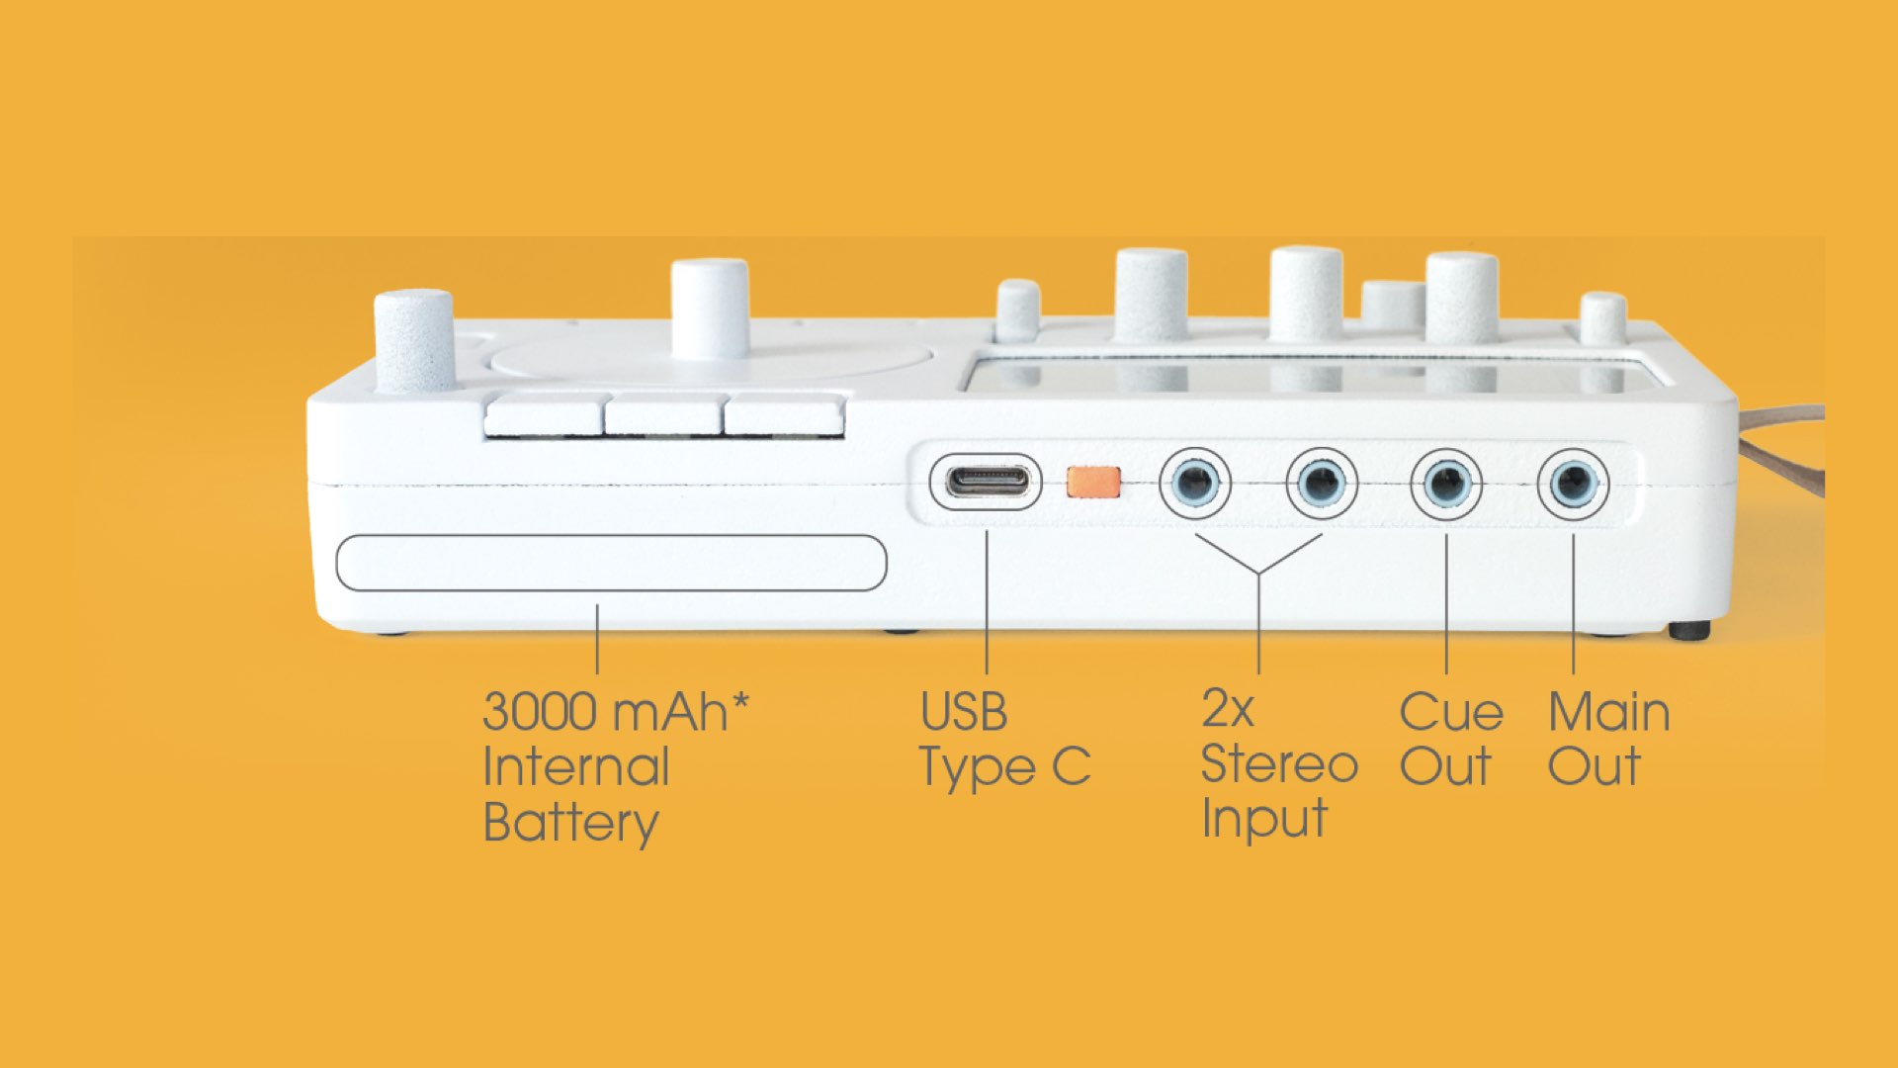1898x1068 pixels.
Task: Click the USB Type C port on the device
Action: (x=986, y=483)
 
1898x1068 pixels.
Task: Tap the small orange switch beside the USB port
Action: (x=1093, y=483)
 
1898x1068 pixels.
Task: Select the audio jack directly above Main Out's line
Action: (x=1573, y=484)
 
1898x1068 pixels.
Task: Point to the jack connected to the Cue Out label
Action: (x=1446, y=484)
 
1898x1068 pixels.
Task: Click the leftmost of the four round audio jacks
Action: (x=1195, y=484)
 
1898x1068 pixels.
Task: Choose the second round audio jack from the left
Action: (x=1322, y=484)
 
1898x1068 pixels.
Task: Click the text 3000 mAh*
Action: (x=616, y=712)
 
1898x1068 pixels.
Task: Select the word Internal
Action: (x=576, y=767)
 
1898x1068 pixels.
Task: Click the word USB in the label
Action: (x=964, y=712)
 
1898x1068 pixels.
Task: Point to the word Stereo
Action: (x=1279, y=764)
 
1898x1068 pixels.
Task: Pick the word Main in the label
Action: (x=1609, y=712)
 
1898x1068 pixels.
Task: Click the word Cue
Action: (x=1451, y=712)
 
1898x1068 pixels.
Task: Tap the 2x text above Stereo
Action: (x=1228, y=709)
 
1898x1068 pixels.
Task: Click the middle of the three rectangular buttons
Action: (x=663, y=415)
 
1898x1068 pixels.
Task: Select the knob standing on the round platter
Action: (x=709, y=309)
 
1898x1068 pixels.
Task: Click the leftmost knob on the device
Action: (x=414, y=340)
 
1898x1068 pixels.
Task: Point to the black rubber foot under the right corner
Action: (x=1689, y=630)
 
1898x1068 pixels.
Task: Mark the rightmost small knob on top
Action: (x=1602, y=317)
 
